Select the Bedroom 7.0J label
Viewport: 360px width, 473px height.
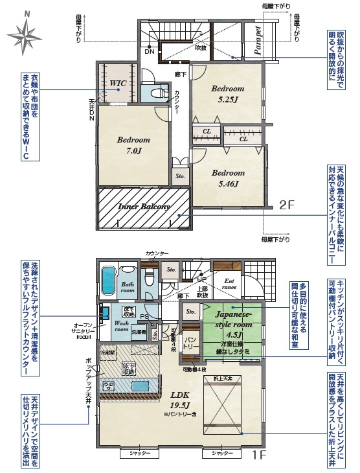[x=133, y=145]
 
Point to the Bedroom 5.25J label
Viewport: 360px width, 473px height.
[x=226, y=94]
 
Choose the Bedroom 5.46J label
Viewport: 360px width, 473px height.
[x=227, y=178]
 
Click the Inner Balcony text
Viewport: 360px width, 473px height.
[x=144, y=207]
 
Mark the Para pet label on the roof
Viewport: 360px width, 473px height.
[x=258, y=43]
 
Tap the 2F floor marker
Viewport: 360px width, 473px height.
[x=287, y=205]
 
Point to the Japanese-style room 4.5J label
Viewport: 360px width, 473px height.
[x=231, y=322]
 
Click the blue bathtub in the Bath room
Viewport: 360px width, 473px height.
[x=108, y=280]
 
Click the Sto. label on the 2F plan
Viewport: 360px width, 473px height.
[x=179, y=174]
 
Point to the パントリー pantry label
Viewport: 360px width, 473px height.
[x=190, y=342]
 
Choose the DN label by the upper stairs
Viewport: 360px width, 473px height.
[x=149, y=51]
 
